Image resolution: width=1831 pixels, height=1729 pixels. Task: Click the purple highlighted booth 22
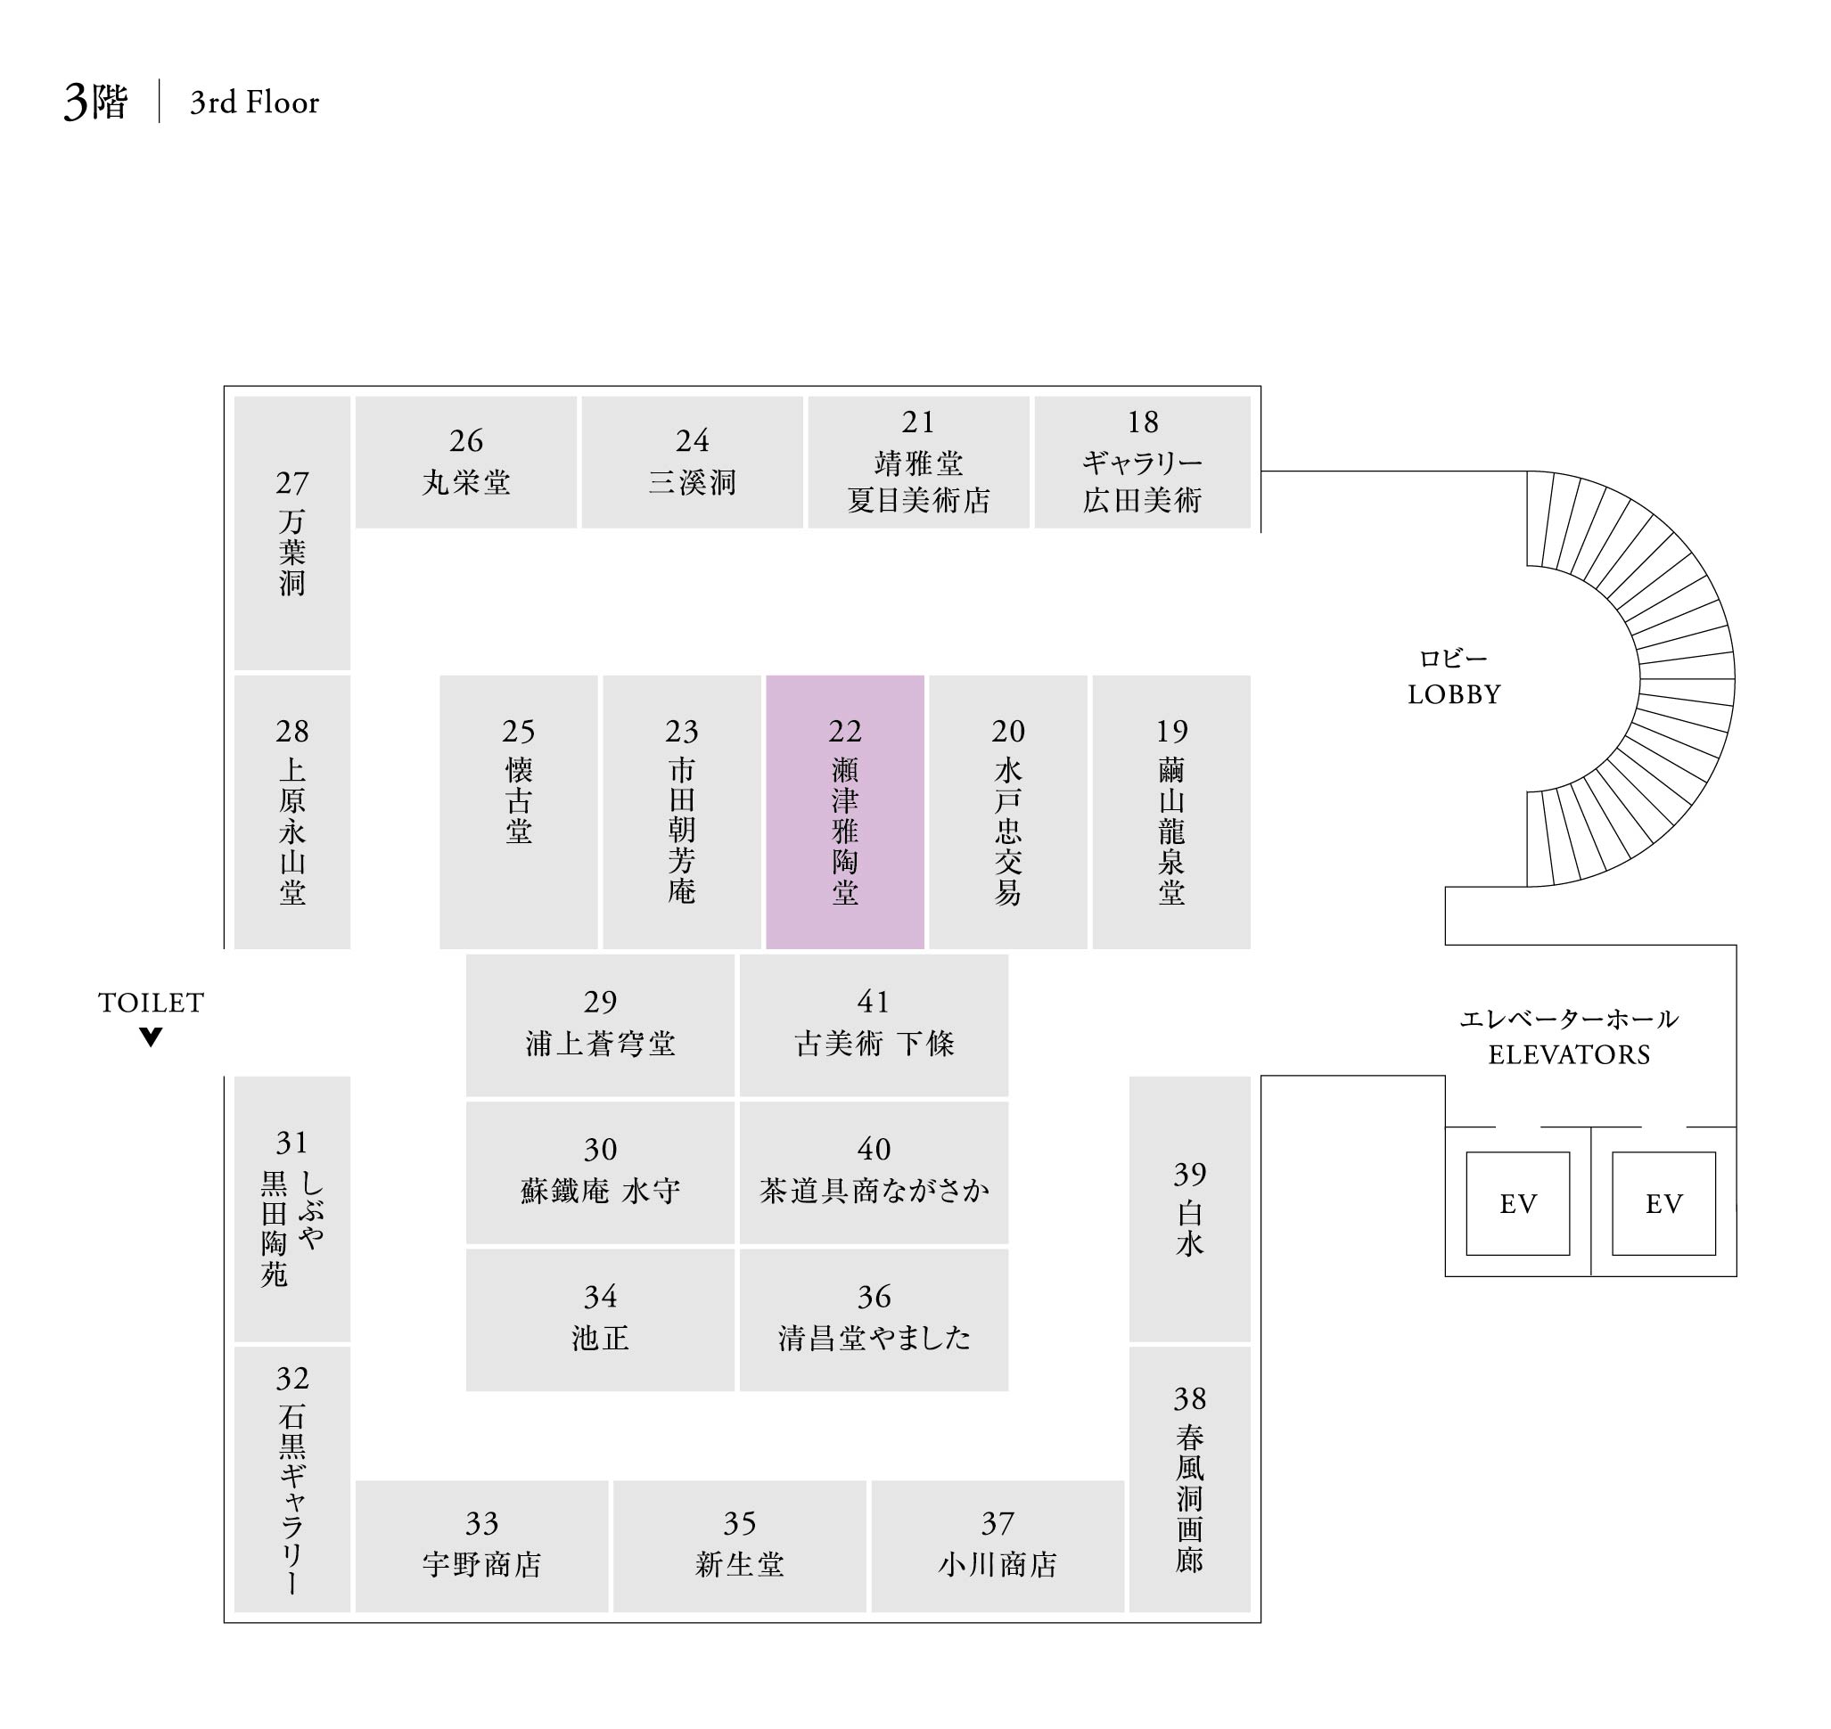pos(844,811)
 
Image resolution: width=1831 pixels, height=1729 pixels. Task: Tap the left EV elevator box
pos(1517,1203)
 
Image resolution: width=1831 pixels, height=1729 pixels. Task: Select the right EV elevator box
pos(1663,1203)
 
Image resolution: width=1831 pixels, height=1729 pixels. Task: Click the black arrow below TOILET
pos(152,1037)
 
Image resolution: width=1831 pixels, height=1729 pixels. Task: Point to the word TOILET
pos(152,1002)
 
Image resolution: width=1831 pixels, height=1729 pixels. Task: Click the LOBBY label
pos(1454,694)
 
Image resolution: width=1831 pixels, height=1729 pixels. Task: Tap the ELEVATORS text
pos(1569,1054)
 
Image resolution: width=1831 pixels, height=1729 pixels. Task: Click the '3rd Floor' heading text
pos(254,102)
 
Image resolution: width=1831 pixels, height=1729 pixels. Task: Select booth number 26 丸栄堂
pos(465,462)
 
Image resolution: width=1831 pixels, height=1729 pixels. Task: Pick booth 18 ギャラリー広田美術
pos(1142,462)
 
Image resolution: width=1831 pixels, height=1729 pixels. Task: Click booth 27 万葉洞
pos(292,533)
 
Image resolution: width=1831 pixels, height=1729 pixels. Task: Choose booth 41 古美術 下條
pos(873,1024)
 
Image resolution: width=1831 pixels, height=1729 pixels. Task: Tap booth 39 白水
pos(1189,1208)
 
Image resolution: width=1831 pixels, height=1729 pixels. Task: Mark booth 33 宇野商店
pos(481,1545)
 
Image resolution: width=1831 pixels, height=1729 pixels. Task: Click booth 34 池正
pos(600,1319)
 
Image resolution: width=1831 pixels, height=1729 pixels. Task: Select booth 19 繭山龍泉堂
pos(1170,811)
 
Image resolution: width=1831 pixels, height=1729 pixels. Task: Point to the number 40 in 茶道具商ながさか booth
pos(873,1150)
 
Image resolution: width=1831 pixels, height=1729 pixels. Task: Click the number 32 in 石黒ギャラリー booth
pos(292,1379)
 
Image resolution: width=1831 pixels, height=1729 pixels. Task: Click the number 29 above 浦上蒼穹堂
pos(600,1002)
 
